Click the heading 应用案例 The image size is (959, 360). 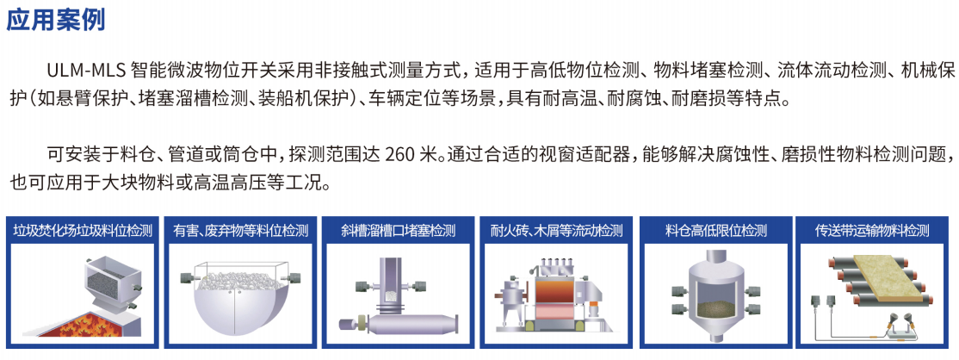point(56,19)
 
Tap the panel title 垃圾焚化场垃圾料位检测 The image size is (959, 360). point(83,231)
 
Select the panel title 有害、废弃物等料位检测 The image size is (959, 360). point(241,231)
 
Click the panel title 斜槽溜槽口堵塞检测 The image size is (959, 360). point(399,231)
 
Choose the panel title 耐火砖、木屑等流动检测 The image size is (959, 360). point(556,231)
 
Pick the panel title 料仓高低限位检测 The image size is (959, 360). point(715,231)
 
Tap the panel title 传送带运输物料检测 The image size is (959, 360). point(871,231)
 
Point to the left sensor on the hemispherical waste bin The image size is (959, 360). point(189,277)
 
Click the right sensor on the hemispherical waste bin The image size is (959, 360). point(293,277)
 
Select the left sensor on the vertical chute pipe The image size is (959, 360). point(362,285)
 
